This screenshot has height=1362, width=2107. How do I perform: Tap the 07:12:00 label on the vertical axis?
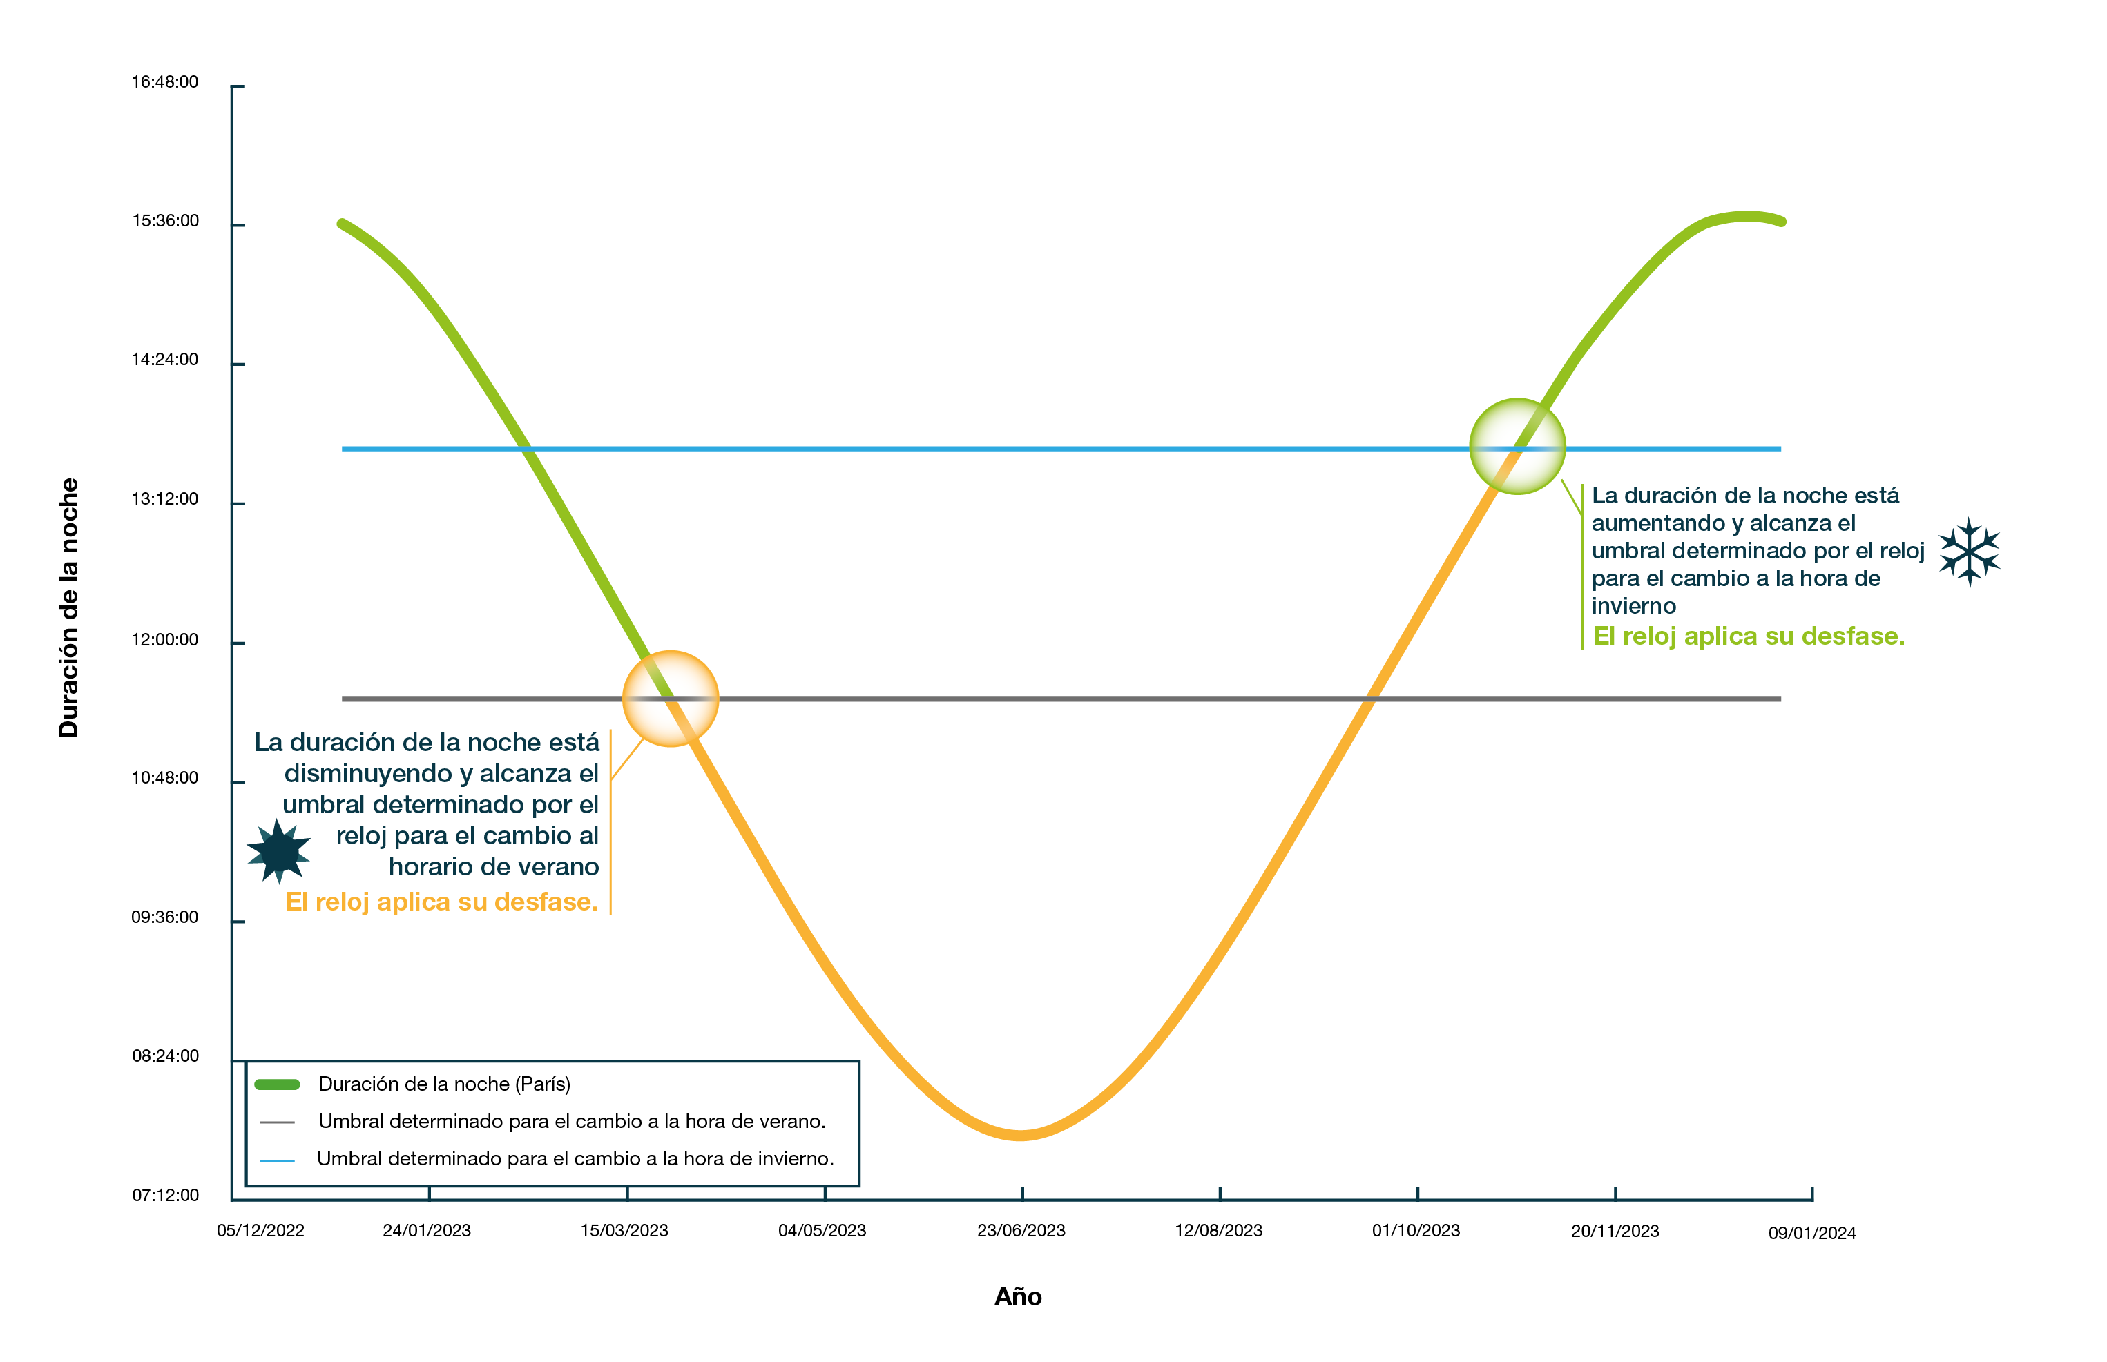click(166, 1196)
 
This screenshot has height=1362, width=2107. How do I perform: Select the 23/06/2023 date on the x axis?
click(1021, 1231)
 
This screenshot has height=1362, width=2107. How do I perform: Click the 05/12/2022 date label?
click(260, 1231)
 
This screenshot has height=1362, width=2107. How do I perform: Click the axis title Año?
click(1018, 1297)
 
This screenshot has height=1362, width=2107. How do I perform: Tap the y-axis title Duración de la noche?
click(69, 608)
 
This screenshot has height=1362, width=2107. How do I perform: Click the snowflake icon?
click(1969, 552)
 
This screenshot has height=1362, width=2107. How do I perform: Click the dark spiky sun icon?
click(278, 850)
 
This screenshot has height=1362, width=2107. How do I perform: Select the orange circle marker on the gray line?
click(671, 699)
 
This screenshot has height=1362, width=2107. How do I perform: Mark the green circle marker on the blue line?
click(1517, 447)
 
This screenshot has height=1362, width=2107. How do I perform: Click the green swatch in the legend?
click(277, 1084)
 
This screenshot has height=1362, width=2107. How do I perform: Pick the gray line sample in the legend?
click(277, 1122)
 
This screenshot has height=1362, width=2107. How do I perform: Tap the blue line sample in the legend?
click(277, 1160)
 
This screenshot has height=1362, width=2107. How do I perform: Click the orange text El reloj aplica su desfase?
click(441, 902)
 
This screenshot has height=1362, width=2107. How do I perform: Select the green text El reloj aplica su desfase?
click(1748, 636)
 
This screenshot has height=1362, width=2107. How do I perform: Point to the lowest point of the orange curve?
click(1021, 1136)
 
